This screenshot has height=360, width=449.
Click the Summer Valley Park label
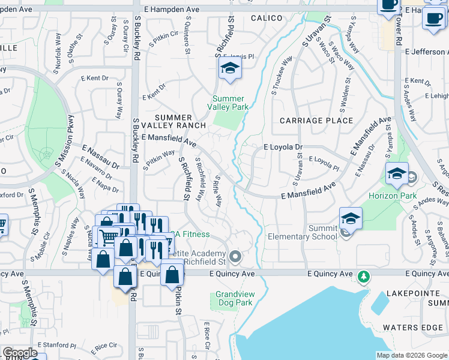point(229,103)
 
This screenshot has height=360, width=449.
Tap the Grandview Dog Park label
point(234,299)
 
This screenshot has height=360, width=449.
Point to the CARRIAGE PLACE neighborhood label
point(316,121)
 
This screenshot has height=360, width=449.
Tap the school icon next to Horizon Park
point(397,175)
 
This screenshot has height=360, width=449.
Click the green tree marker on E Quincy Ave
point(363,277)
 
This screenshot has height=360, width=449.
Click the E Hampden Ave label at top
point(172,9)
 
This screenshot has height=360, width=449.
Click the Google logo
point(20,353)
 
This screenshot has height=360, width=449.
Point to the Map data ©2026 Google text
point(412,355)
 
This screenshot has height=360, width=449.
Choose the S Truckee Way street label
point(282,73)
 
